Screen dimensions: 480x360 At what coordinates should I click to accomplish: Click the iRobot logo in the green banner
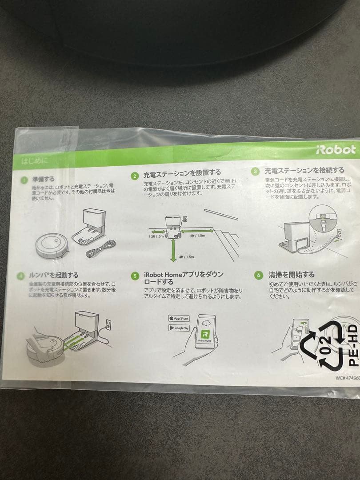336,149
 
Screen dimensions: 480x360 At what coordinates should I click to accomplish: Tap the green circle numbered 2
135,176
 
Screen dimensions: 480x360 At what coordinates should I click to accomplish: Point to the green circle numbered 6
258,275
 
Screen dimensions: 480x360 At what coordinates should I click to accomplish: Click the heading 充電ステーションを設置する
182,172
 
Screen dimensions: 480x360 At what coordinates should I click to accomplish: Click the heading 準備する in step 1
43,179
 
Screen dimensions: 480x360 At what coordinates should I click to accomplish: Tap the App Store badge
179,318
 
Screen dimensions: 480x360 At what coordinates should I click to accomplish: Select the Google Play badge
179,328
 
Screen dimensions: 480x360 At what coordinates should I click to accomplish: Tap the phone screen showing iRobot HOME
205,331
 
